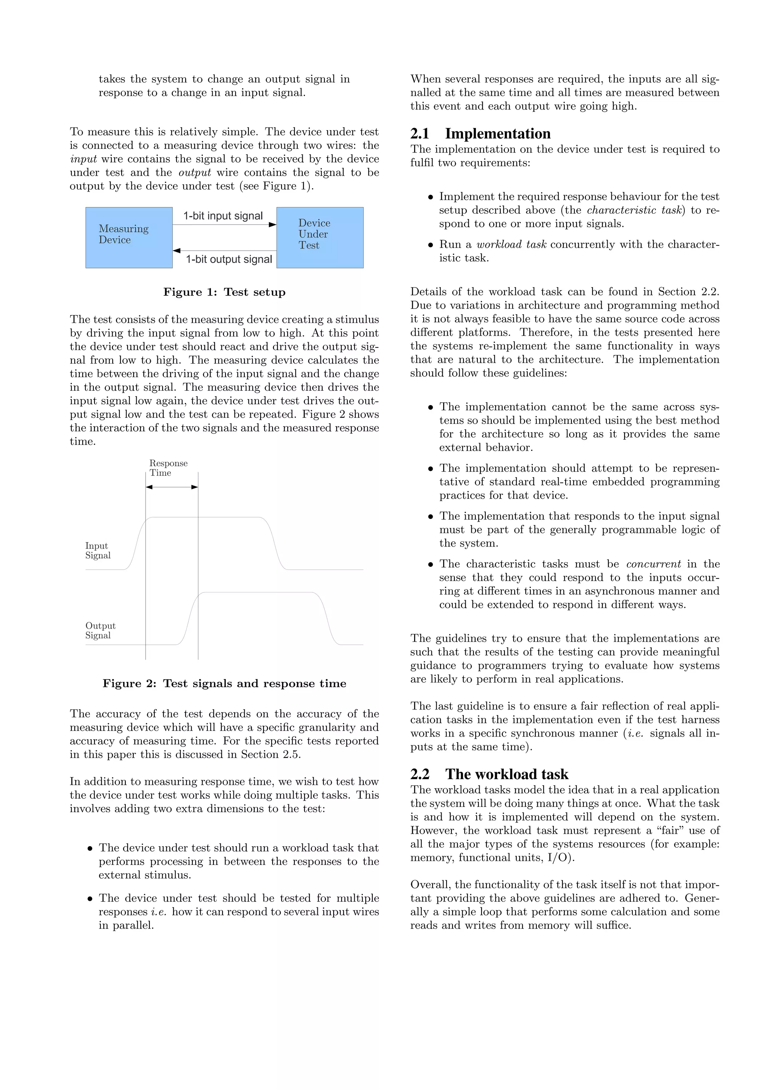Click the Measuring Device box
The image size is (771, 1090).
129,237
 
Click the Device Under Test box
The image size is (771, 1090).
320,237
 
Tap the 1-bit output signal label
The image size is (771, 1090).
229,259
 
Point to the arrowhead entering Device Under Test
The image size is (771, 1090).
273,225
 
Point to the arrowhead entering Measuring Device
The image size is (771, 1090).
177,250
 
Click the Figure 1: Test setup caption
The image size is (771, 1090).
224,292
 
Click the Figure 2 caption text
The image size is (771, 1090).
224,684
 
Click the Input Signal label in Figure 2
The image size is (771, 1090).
98,551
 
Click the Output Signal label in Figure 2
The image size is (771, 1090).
100,630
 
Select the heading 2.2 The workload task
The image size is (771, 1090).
489,774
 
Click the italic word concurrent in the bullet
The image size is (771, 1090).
653,564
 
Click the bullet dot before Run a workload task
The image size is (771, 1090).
431,245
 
